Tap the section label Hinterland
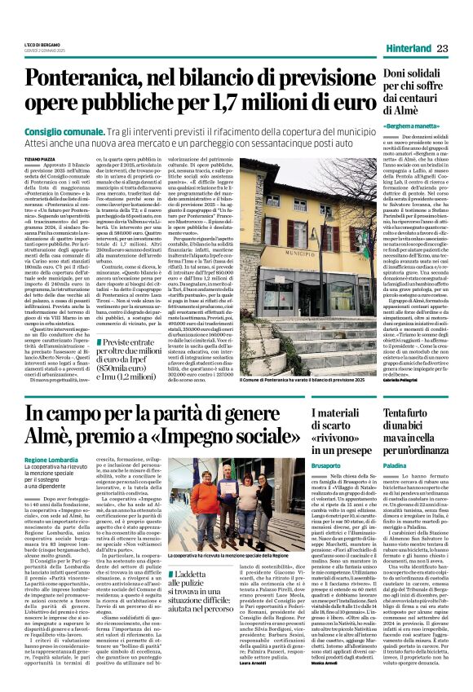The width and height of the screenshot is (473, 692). click(x=408, y=49)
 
